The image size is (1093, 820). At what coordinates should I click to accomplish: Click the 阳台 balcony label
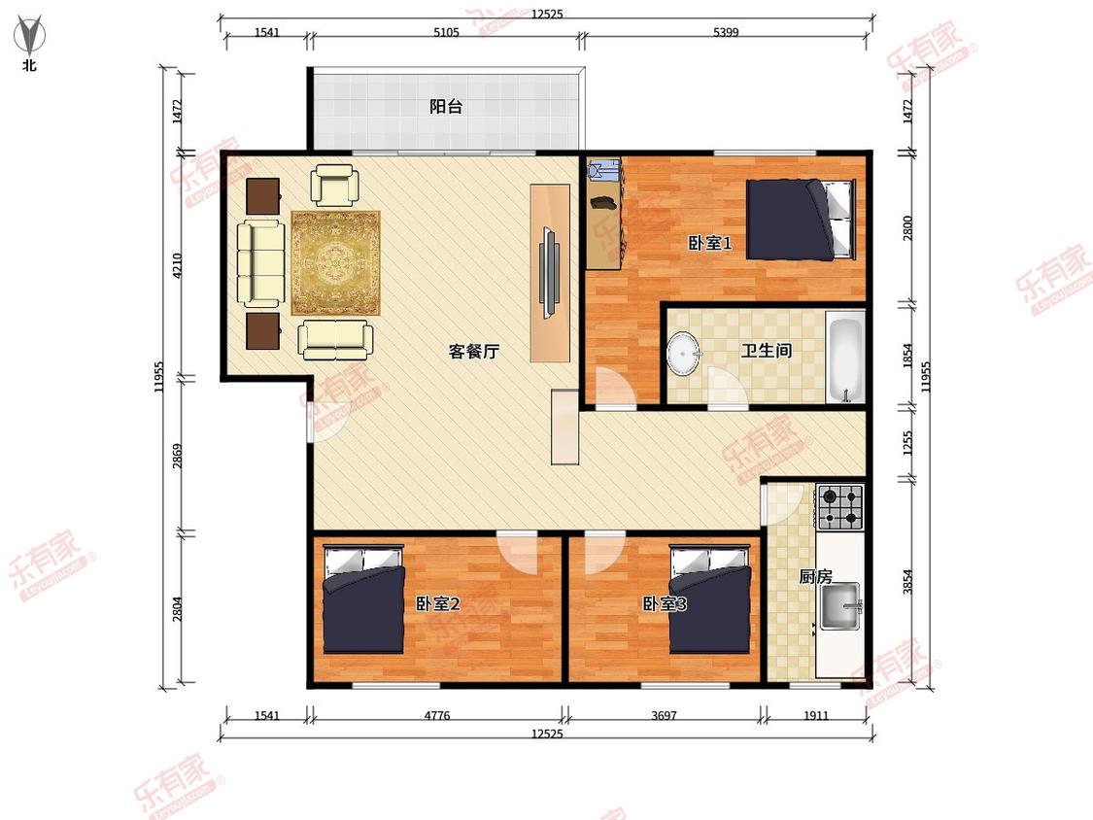point(445,107)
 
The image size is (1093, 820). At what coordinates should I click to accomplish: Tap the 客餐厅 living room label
point(474,351)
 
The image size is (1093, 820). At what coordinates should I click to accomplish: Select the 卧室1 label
point(709,243)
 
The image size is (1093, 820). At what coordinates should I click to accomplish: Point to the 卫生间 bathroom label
point(767,350)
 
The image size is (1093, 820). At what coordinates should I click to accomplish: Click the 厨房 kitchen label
point(815,577)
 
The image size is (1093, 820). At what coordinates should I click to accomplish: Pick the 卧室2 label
point(438,603)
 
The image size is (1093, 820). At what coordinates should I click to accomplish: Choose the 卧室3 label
point(665,603)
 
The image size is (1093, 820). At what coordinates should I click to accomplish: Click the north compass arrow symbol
point(29,36)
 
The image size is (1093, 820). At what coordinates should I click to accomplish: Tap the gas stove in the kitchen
point(840,507)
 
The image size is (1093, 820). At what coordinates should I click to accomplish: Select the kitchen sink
point(840,606)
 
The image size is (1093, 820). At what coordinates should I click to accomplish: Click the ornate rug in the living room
point(336,263)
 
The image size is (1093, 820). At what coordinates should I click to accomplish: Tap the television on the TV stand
point(550,273)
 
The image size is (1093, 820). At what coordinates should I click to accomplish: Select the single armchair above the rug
point(334,185)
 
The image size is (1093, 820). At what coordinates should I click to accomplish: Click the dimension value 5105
point(446,32)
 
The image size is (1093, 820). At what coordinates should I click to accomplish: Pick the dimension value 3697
point(664,715)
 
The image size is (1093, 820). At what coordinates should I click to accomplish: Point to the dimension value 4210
point(177,265)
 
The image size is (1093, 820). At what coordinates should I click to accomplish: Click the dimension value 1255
point(907,443)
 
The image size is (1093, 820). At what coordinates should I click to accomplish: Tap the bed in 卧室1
point(801,220)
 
